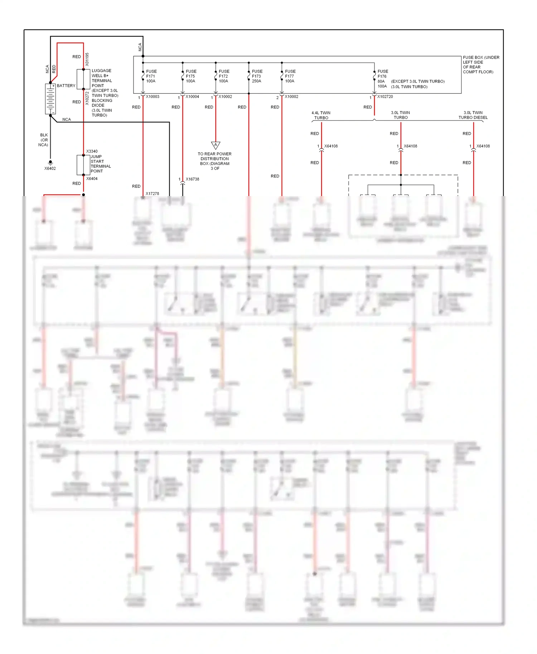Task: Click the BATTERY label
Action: [66, 86]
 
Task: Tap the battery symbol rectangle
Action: [50, 99]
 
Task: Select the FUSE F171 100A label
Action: [151, 76]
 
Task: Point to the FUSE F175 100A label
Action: [191, 76]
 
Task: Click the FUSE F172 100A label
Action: [224, 76]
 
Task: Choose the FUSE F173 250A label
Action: [257, 76]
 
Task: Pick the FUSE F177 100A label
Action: [290, 76]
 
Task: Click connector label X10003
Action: [153, 97]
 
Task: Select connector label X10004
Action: [192, 97]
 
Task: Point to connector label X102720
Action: [385, 97]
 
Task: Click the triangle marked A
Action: [216, 145]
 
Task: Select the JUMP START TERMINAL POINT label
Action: [101, 164]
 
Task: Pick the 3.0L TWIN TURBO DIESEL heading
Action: [473, 115]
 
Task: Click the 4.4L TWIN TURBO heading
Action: [321, 115]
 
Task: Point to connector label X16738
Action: [192, 179]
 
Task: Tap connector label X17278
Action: [152, 194]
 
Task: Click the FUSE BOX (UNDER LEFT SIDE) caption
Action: [481, 64]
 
